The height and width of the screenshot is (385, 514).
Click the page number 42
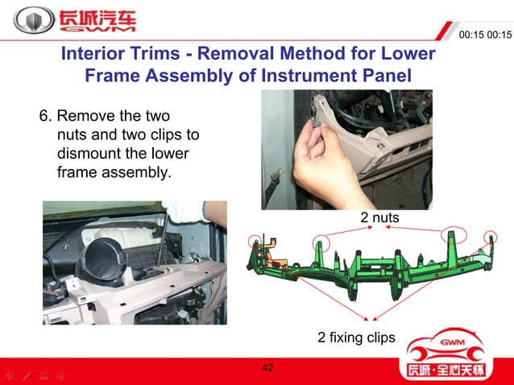[267, 368]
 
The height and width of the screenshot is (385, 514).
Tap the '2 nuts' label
[379, 217]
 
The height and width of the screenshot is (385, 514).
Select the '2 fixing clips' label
[356, 337]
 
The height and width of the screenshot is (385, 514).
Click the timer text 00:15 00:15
[484, 35]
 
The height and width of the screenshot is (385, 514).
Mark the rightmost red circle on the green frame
[490, 238]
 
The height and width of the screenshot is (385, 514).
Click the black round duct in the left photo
[106, 258]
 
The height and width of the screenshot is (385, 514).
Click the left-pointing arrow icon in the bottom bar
[9, 376]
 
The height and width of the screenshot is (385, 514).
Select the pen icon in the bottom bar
[26, 376]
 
